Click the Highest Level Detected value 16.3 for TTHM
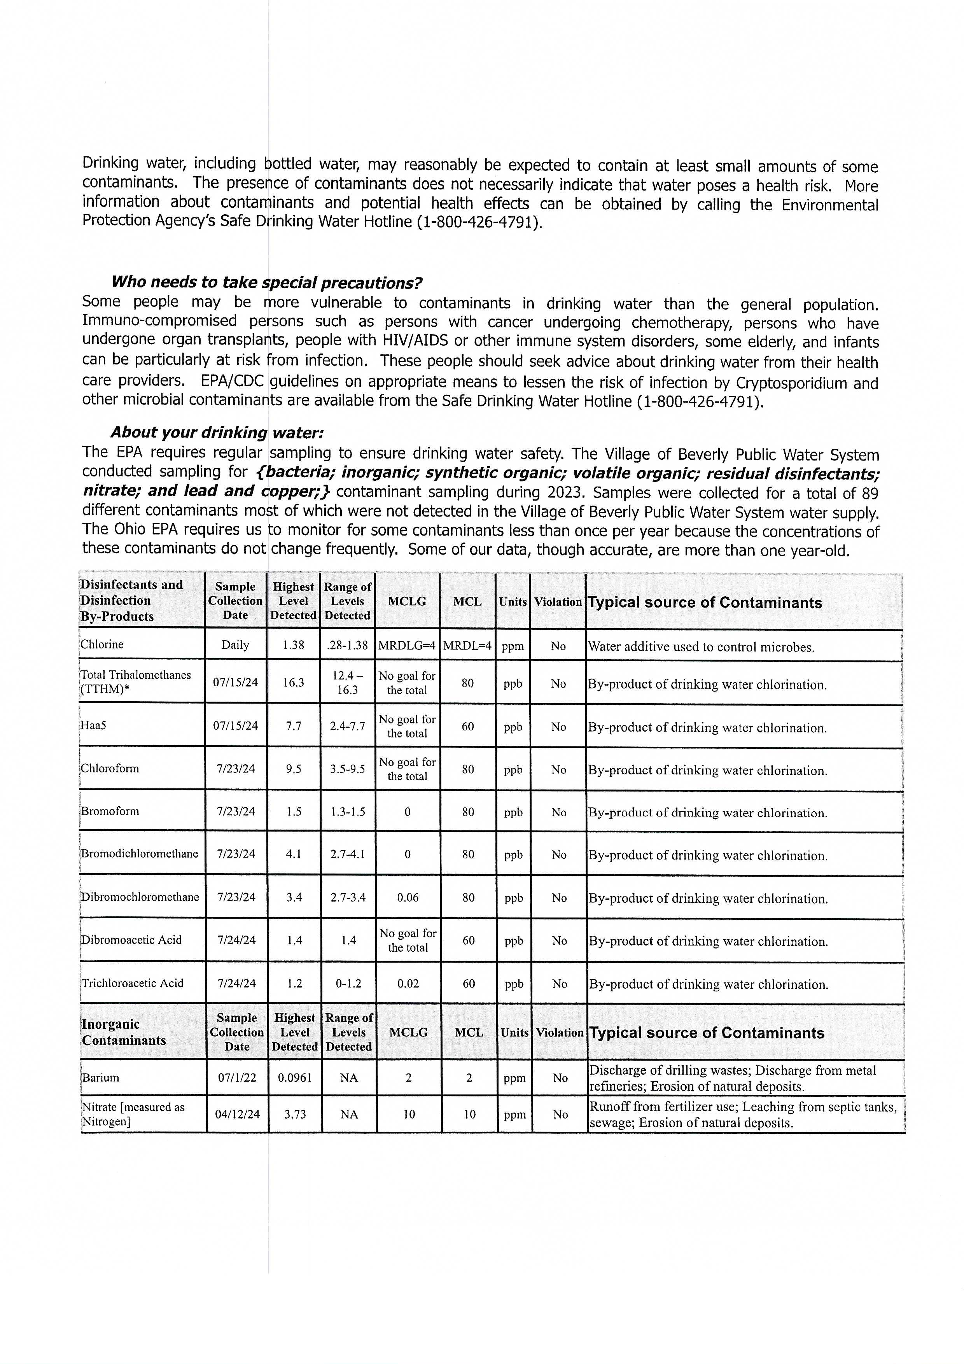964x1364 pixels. point(294,683)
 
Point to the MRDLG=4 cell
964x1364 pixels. point(408,646)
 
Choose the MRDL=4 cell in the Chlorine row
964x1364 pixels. point(467,646)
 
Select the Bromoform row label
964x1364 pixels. point(110,811)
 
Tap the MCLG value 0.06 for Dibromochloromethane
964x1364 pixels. point(408,897)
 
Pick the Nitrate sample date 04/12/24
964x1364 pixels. point(237,1114)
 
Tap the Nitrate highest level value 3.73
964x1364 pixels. point(295,1114)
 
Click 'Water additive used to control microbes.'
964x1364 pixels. point(701,647)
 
